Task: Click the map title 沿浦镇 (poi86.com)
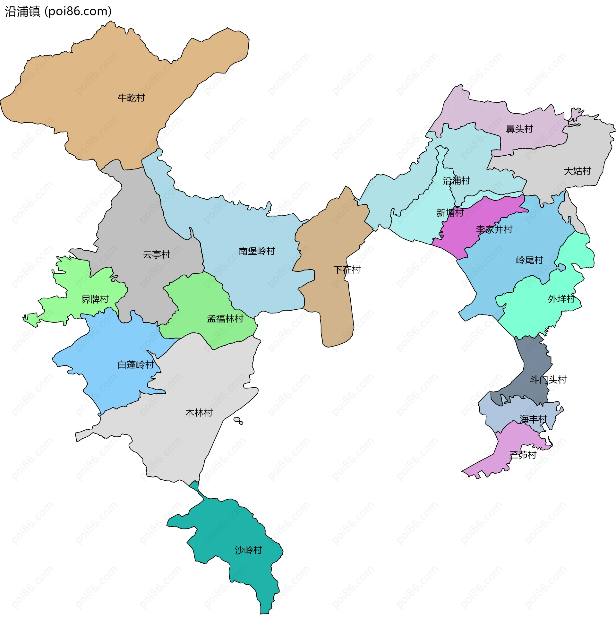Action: click(58, 11)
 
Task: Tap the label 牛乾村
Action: click(131, 98)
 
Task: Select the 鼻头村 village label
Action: click(519, 129)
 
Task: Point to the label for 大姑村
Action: click(577, 171)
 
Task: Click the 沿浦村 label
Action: click(456, 181)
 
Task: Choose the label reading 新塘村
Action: click(449, 213)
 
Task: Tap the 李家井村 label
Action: click(494, 230)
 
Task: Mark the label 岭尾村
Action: click(529, 260)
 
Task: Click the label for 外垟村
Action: click(561, 299)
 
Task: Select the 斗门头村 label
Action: click(548, 380)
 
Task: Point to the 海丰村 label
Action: click(533, 420)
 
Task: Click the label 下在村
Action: click(347, 270)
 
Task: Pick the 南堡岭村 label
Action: click(257, 252)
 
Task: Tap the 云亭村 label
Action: click(157, 255)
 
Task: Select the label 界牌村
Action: click(95, 300)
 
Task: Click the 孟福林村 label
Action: click(225, 319)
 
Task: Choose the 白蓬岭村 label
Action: click(135, 365)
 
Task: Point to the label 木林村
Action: click(199, 413)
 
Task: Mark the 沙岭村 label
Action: click(248, 550)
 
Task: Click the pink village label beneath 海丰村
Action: click(523, 455)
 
